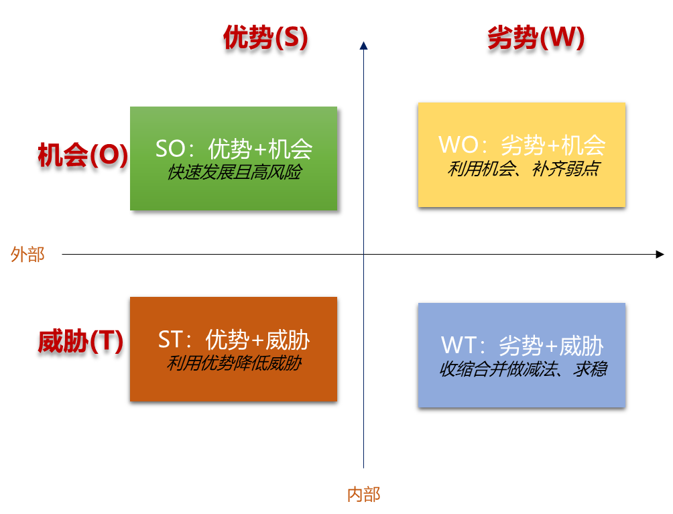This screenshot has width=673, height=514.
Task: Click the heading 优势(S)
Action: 265,38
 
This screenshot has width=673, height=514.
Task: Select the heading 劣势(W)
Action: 536,38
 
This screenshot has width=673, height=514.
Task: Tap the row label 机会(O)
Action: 82,155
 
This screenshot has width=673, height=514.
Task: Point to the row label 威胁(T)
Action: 80,342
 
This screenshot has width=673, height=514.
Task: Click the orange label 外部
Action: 27,255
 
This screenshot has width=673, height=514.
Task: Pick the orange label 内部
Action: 363,495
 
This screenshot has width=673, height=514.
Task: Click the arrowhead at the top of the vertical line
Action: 363,46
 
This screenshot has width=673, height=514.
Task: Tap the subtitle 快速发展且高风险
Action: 234,173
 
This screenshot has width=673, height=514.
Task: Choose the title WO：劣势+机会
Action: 522,145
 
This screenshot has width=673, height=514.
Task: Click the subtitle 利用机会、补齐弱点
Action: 522,169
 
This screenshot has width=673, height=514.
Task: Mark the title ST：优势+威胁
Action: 234,340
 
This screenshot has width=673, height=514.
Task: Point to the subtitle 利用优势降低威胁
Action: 234,364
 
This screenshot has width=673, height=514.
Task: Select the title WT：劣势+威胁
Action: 522,346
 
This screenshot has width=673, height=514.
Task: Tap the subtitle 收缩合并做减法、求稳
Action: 522,369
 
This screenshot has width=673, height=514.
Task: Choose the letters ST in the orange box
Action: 171,340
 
